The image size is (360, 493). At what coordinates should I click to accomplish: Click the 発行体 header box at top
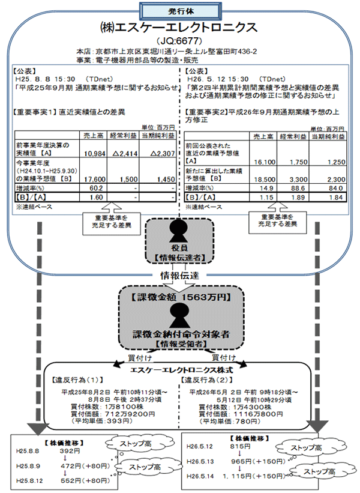[180, 10]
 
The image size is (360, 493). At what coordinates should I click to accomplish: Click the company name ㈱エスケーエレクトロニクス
[179, 27]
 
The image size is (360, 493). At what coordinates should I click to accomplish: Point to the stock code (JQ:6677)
[179, 41]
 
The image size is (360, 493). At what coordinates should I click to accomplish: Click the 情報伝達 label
[180, 276]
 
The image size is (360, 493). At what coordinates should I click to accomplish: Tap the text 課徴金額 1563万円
[180, 297]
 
